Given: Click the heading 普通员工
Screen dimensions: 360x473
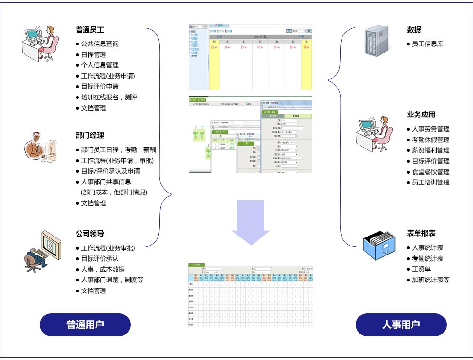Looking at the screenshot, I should (90, 29).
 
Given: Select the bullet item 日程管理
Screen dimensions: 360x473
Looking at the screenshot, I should (93, 54).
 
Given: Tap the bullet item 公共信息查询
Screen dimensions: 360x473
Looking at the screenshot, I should (99, 44).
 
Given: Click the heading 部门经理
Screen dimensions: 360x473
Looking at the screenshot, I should (90, 135).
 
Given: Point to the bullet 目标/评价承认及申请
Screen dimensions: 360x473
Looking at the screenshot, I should (110, 171).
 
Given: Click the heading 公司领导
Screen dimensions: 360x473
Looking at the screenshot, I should (90, 234).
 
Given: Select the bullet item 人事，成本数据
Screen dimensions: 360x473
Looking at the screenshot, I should (103, 269).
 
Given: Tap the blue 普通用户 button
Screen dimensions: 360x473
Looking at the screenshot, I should (85, 325).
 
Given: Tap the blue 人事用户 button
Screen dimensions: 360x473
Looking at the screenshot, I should (401, 325).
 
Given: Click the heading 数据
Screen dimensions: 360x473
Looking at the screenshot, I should (414, 29).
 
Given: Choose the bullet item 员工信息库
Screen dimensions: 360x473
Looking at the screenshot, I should (428, 44).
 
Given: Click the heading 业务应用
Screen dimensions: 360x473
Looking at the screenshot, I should (421, 114).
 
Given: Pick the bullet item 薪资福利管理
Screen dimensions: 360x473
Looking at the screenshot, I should (430, 150).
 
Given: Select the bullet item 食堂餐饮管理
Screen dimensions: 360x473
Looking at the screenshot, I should (430, 172).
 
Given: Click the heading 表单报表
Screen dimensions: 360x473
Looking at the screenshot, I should (421, 233).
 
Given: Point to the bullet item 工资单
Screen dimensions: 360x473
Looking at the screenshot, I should (421, 269).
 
